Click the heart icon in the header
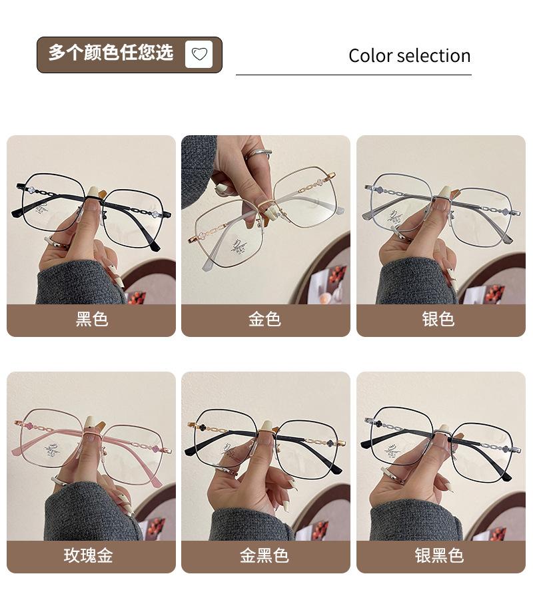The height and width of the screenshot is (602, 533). pyautogui.click(x=199, y=54)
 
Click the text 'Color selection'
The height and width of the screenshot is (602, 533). pyautogui.click(x=409, y=56)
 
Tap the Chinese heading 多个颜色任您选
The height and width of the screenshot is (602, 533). pyautogui.click(x=111, y=53)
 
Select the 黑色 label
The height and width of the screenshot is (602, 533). pyautogui.click(x=92, y=319)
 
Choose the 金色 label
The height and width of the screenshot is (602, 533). pyautogui.click(x=265, y=319)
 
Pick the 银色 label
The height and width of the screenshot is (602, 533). pyautogui.click(x=438, y=319)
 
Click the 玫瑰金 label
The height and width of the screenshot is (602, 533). pyautogui.click(x=89, y=555)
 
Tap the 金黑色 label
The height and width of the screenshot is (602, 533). pyautogui.click(x=265, y=555)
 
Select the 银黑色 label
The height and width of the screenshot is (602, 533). pyautogui.click(x=439, y=555)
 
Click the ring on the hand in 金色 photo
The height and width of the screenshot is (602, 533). pyautogui.click(x=258, y=154)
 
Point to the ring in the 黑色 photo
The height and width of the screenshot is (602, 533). pyautogui.click(x=56, y=242)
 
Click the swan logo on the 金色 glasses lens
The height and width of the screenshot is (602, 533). pyautogui.click(x=240, y=246)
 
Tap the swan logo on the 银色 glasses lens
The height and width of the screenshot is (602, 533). pyautogui.click(x=395, y=218)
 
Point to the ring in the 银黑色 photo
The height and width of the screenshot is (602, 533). pyautogui.click(x=392, y=475)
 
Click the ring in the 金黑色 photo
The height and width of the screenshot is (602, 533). pyautogui.click(x=227, y=471)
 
